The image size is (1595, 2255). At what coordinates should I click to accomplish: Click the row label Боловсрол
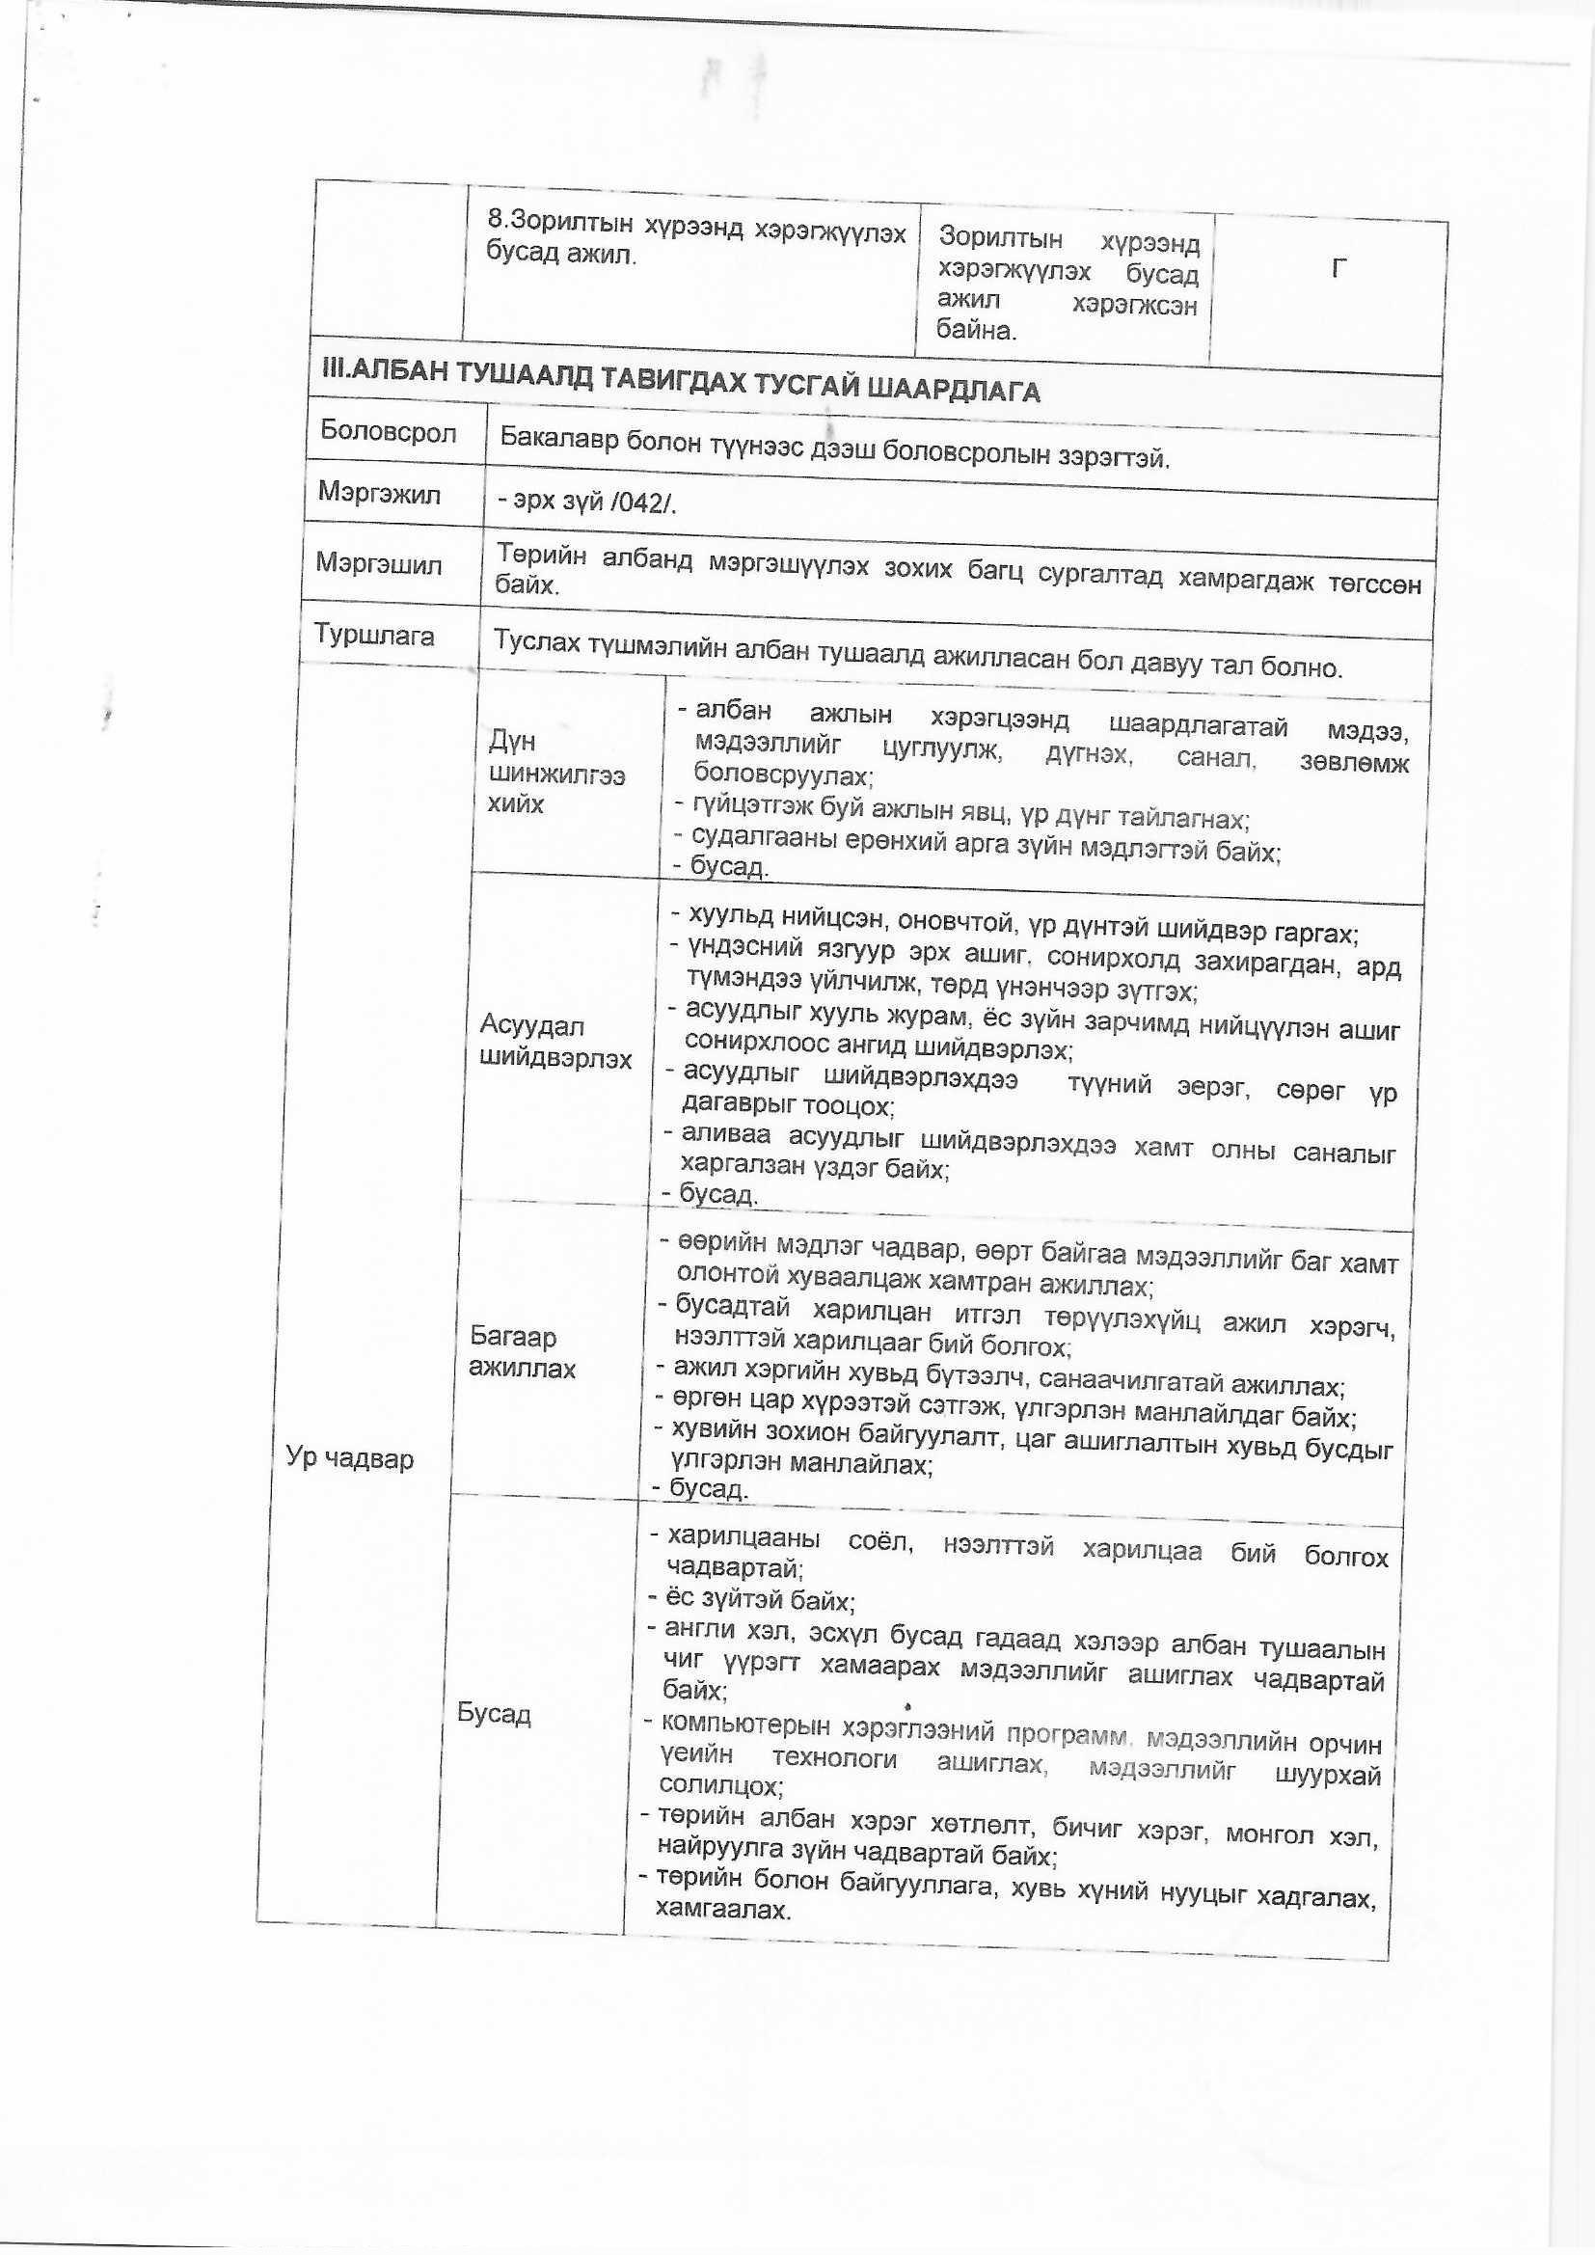pyautogui.click(x=388, y=432)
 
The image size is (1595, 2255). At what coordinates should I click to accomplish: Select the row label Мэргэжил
pyautogui.click(x=378, y=493)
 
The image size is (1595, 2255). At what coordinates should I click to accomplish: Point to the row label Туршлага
pyautogui.click(x=374, y=636)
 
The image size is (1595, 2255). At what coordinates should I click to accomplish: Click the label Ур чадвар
pyautogui.click(x=350, y=1457)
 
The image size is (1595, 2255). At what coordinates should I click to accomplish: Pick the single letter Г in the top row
pyautogui.click(x=1338, y=268)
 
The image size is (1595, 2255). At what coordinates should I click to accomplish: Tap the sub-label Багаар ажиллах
pyautogui.click(x=522, y=1352)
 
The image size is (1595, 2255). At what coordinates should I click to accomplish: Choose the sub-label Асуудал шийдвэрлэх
pyautogui.click(x=554, y=1042)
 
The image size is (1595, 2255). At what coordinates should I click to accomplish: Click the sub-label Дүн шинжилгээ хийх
pyautogui.click(x=555, y=774)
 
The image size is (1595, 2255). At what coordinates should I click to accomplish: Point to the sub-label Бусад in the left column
pyautogui.click(x=494, y=1715)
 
